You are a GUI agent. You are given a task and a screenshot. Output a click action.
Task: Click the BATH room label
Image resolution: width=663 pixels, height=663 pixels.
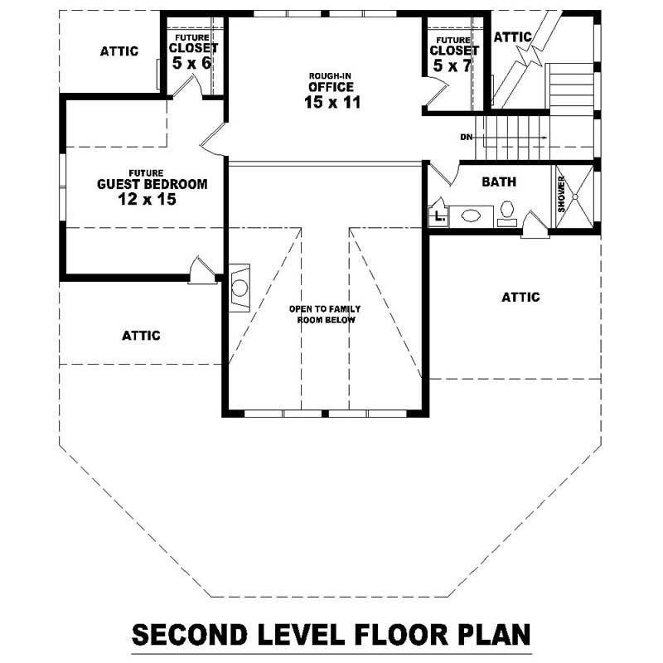click(x=499, y=181)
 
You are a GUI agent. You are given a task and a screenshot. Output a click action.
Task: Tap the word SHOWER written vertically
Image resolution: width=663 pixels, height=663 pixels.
click(x=561, y=197)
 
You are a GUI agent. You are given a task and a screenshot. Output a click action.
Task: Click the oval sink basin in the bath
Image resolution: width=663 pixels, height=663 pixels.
click(x=471, y=215)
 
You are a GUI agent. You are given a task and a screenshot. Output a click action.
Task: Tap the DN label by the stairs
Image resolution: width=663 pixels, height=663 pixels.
click(x=467, y=137)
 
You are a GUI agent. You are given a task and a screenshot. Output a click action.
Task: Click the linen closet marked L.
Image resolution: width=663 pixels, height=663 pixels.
click(x=438, y=216)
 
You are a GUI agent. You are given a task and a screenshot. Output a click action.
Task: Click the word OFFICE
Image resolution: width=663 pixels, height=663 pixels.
click(x=331, y=87)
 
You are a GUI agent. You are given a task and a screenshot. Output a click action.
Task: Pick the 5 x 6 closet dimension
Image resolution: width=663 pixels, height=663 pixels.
click(x=191, y=62)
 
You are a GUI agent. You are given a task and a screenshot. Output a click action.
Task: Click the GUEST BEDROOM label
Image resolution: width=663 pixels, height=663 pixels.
click(x=152, y=184)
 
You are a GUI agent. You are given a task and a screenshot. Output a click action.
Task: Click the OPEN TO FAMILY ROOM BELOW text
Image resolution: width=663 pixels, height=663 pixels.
click(x=325, y=314)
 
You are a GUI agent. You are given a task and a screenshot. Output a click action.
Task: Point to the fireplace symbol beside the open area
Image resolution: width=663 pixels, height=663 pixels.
click(x=239, y=287)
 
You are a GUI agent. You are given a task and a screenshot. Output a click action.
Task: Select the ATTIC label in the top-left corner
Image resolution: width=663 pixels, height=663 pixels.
click(x=119, y=51)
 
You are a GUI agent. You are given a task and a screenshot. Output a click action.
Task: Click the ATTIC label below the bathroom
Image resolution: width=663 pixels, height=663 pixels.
click(x=520, y=297)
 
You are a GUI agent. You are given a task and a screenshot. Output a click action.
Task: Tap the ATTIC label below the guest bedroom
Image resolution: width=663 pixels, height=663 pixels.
click(x=141, y=336)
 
